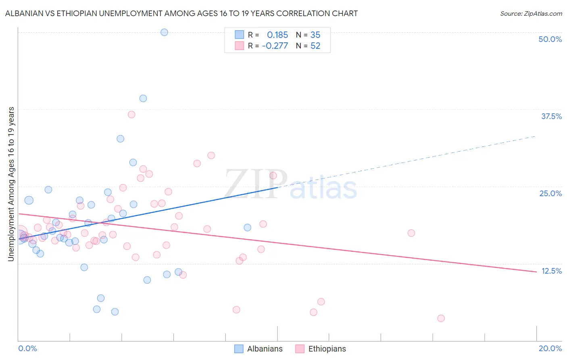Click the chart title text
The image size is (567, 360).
click(181, 13)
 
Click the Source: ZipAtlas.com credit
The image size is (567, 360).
click(531, 13)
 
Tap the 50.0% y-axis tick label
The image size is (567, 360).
click(550, 39)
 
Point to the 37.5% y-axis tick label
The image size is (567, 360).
click(551, 116)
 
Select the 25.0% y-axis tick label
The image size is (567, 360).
click(550, 193)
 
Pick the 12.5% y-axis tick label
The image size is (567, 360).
click(551, 271)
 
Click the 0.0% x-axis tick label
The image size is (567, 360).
click(27, 348)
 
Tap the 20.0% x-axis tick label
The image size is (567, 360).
click(550, 348)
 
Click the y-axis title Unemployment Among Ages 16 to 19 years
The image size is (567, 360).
click(11, 184)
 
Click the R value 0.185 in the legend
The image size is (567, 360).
click(277, 35)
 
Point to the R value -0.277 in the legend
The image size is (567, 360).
click(275, 46)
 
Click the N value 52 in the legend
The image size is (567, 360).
click(315, 46)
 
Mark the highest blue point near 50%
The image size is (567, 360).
click(164, 32)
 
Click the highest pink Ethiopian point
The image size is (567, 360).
click(131, 115)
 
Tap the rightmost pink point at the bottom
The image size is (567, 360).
click(441, 318)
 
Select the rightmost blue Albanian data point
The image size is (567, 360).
click(247, 228)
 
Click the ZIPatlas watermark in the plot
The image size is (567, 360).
click(291, 185)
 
